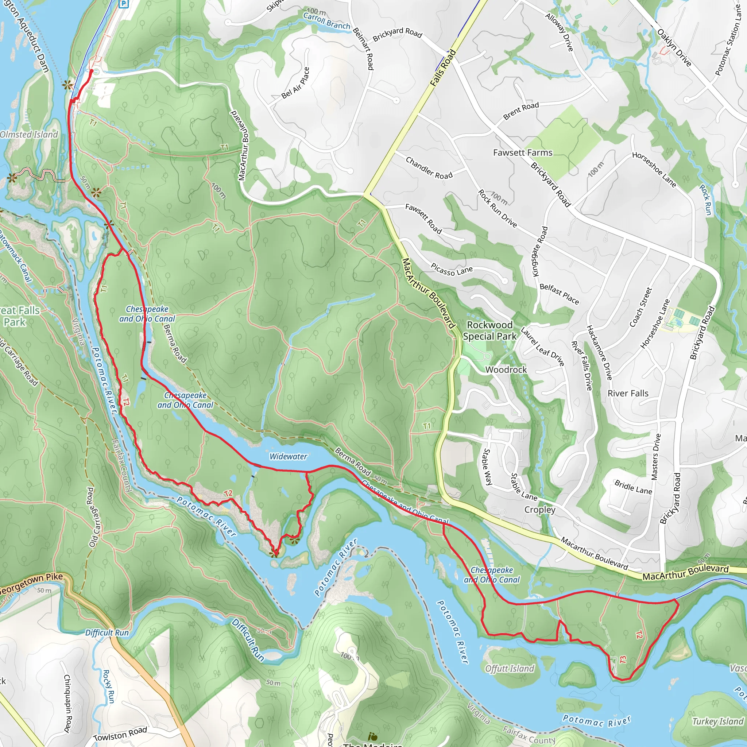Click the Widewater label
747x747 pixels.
click(x=288, y=457)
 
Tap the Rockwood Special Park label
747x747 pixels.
click(x=489, y=330)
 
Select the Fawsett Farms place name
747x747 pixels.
click(x=523, y=153)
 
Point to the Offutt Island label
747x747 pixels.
click(x=510, y=669)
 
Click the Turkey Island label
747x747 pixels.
click(x=717, y=721)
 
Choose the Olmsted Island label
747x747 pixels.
click(x=29, y=135)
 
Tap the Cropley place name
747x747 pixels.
click(x=540, y=510)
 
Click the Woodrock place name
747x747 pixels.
click(x=506, y=369)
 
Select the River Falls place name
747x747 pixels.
click(x=628, y=393)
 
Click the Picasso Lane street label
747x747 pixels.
click(x=452, y=270)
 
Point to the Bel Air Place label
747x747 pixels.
click(x=296, y=83)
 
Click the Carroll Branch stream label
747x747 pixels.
click(x=327, y=21)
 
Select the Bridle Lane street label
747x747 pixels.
click(x=633, y=487)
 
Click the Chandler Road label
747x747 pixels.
click(x=429, y=168)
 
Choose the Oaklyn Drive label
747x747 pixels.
click(x=674, y=48)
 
